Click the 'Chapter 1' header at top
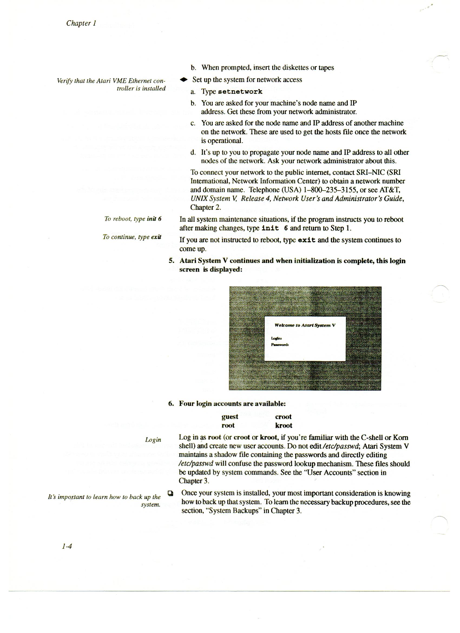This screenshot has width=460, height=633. (x=81, y=23)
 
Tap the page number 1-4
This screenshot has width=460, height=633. (x=67, y=554)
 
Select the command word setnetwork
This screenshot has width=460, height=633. (x=240, y=92)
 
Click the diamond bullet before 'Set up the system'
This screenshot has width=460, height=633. (x=183, y=80)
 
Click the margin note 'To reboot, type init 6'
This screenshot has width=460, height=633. (x=133, y=219)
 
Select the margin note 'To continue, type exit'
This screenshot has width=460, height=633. (x=132, y=237)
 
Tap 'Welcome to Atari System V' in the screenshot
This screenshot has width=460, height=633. (x=305, y=325)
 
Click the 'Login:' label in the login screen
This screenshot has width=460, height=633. (x=277, y=338)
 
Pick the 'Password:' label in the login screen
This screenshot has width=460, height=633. (x=280, y=345)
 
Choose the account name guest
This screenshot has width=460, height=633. (x=229, y=417)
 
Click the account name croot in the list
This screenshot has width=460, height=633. (x=283, y=417)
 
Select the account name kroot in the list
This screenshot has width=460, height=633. (x=283, y=425)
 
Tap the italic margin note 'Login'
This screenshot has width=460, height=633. (x=153, y=440)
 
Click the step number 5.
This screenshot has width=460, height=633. (x=171, y=261)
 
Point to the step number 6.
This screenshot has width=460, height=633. (x=171, y=404)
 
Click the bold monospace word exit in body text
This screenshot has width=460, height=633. (x=307, y=240)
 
